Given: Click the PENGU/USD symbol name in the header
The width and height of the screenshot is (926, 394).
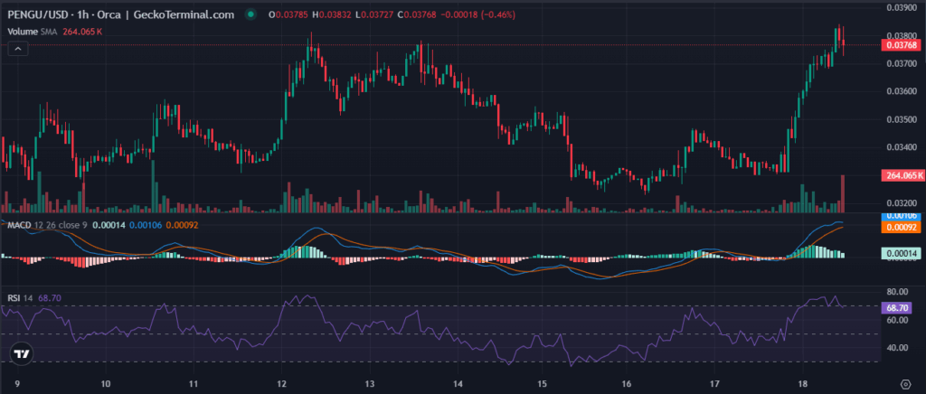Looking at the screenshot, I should pos(34,15).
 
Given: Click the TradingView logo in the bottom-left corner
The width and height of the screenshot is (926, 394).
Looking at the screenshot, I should pos(23,354).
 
